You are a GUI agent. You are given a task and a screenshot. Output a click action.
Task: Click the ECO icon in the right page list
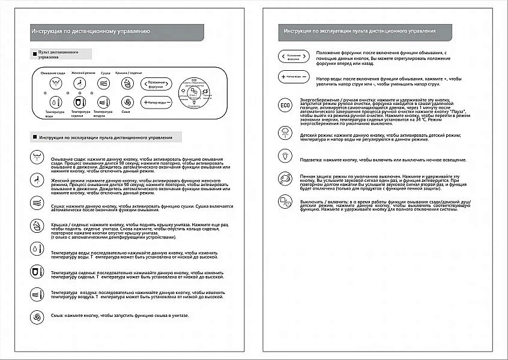(x=285, y=106)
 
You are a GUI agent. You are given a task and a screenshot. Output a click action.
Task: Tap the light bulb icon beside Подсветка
(x=285, y=156)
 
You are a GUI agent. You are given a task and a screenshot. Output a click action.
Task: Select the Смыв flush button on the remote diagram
(x=126, y=102)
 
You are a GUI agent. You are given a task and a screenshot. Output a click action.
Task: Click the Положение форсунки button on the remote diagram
(x=157, y=83)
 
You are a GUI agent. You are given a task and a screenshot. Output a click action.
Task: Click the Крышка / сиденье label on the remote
(x=128, y=73)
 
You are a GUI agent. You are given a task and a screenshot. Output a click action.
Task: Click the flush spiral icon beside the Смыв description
(x=38, y=316)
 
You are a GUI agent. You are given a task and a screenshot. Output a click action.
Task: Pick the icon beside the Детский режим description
(x=285, y=133)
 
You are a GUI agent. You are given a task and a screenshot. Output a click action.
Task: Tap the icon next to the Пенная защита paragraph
(x=285, y=179)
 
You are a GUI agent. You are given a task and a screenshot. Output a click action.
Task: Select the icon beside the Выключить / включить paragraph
(x=285, y=202)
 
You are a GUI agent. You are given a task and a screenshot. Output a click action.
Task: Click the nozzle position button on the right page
(x=294, y=56)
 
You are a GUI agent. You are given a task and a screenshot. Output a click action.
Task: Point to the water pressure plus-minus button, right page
(x=294, y=77)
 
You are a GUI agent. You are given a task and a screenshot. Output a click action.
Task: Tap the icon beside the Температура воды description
(x=38, y=247)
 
